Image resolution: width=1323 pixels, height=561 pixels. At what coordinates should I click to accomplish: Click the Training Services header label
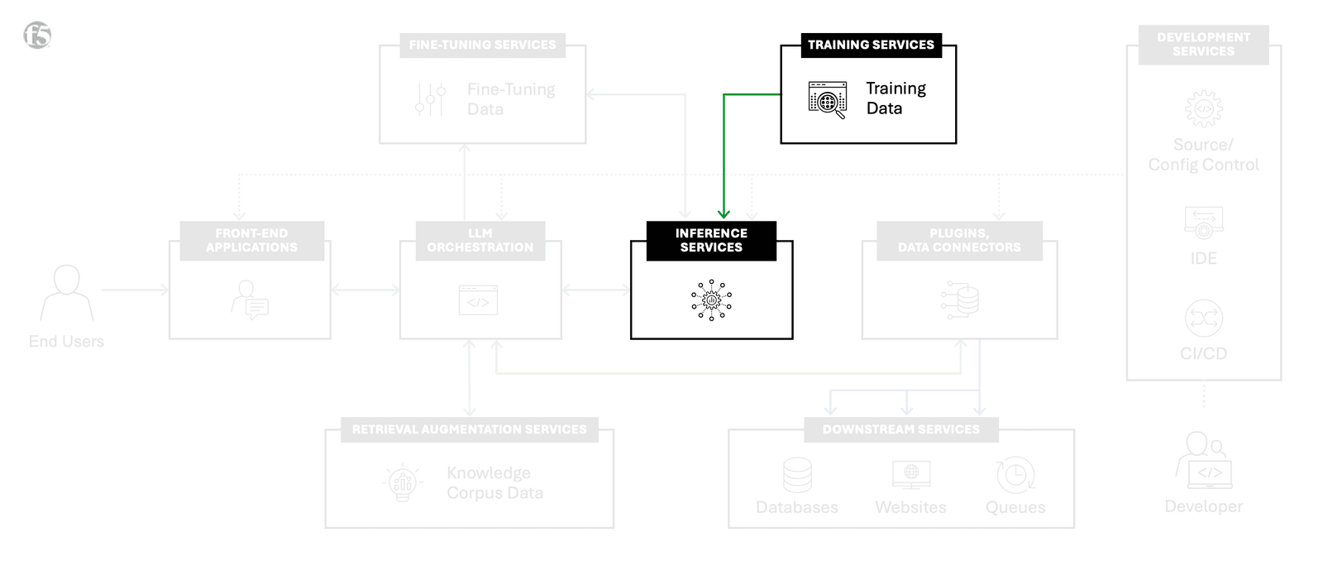coord(871,45)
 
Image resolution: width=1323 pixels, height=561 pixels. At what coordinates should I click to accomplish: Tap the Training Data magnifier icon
coord(828,100)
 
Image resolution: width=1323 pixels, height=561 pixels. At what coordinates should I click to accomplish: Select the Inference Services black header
coord(711,240)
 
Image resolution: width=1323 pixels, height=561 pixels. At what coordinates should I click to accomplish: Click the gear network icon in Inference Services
coord(711,300)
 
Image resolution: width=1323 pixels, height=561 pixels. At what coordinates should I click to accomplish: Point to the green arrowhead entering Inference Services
coord(724,213)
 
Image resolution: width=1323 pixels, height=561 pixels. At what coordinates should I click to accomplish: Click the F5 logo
coord(37,35)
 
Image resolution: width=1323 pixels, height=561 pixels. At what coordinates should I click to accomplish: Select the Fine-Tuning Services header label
coord(482,45)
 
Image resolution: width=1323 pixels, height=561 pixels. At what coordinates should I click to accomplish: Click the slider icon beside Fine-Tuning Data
coord(431,99)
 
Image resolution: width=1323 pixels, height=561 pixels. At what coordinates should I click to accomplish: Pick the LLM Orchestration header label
coord(480,240)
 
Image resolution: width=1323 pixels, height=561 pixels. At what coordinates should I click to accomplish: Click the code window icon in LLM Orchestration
coord(478,300)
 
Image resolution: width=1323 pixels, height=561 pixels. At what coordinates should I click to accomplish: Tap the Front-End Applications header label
coord(251,240)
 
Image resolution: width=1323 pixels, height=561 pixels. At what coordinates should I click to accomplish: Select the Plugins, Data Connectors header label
coord(959,240)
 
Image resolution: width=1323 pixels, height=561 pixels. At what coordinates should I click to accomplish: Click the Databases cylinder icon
coord(797,475)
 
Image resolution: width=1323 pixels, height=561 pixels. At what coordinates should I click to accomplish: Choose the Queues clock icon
coord(1015,475)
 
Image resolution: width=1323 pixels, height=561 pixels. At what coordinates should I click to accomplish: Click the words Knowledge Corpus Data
coord(494,482)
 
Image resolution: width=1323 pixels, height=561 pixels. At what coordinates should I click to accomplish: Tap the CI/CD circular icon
coord(1203,318)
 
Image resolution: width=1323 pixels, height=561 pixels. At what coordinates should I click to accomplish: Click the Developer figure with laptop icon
coord(1203,460)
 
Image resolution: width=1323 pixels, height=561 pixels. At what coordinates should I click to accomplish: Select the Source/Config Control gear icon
coord(1203,108)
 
